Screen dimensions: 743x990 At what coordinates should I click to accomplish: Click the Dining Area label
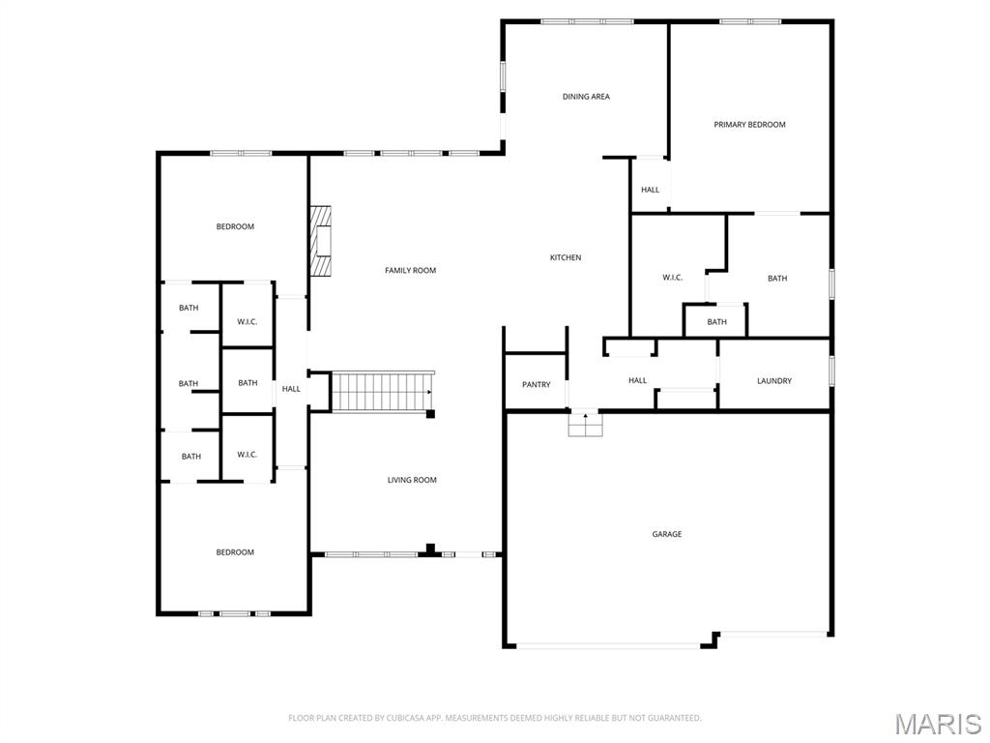click(x=586, y=97)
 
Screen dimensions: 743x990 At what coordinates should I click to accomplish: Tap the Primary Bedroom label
click(x=749, y=125)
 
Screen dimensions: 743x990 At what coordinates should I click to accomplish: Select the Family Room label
click(x=411, y=271)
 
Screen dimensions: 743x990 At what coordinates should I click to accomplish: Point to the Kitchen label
click(x=566, y=257)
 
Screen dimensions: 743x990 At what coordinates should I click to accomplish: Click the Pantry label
click(x=536, y=385)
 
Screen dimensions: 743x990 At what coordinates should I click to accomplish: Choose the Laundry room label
click(x=774, y=381)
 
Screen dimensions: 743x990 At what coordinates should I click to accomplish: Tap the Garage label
click(x=666, y=534)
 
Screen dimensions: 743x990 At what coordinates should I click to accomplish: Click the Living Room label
click(x=412, y=480)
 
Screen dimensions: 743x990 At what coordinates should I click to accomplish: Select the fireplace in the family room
click(x=321, y=239)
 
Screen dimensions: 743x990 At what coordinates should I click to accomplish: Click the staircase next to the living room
click(x=382, y=391)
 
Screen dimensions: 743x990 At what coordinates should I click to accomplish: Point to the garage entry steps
click(x=584, y=423)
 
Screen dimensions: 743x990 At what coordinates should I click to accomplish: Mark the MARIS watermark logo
click(x=937, y=724)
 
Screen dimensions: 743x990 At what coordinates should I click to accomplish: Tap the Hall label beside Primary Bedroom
click(x=650, y=190)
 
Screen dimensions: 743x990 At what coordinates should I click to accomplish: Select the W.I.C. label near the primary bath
click(x=672, y=278)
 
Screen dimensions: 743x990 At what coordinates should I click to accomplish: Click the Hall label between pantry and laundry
click(x=637, y=381)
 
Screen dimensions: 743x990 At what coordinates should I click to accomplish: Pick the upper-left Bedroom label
click(x=235, y=227)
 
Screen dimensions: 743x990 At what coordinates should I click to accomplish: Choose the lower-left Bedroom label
click(x=235, y=552)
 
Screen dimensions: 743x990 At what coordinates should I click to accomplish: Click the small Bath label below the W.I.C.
click(x=716, y=322)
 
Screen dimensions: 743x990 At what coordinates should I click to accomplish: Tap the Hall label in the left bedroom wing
click(x=291, y=389)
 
